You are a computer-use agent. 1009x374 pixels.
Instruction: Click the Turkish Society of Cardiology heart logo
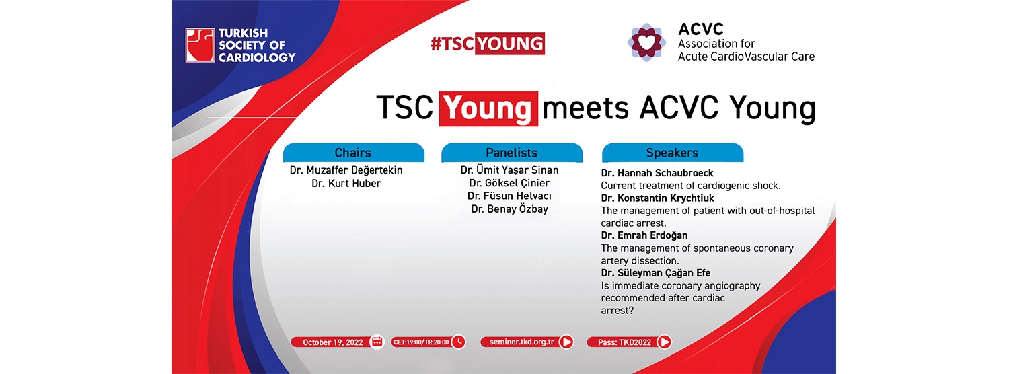[200, 45]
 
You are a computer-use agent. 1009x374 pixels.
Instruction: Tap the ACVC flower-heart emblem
[646, 42]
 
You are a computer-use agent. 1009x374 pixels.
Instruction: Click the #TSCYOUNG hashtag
[488, 44]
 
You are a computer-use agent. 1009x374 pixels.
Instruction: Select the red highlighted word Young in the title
[488, 108]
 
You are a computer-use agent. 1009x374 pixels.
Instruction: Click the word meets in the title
[586, 108]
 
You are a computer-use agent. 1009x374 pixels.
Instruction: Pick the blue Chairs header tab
[353, 153]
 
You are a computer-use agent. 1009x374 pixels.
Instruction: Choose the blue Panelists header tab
[512, 153]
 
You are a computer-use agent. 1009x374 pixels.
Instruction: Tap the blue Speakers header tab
[673, 153]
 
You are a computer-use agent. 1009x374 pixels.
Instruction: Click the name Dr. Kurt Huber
[346, 184]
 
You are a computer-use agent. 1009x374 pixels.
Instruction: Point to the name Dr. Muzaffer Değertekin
[346, 170]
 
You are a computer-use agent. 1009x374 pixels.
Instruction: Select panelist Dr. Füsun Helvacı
[509, 196]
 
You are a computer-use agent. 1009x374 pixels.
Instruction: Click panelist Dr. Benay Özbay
[509, 209]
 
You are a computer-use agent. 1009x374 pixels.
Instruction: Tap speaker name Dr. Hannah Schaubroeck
[657, 173]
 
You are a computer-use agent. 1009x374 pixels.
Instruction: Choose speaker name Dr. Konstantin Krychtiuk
[658, 198]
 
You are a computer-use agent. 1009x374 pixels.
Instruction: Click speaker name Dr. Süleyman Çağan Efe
[656, 273]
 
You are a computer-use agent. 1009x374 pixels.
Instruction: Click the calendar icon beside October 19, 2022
[377, 342]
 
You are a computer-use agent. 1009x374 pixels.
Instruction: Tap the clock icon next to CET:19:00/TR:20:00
[459, 342]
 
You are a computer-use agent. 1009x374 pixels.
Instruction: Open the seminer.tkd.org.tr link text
[521, 342]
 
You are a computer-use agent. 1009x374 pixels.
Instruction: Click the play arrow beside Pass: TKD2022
[664, 342]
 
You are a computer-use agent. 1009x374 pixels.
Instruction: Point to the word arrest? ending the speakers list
[617, 311]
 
